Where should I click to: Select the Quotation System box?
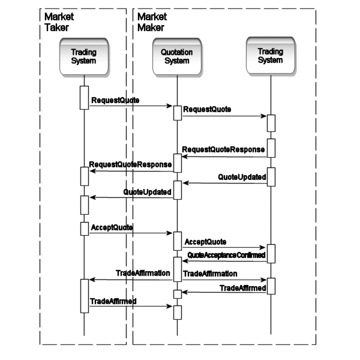(x=177, y=56)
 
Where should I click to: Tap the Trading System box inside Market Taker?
(x=84, y=56)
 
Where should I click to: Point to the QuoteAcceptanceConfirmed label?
(x=226, y=255)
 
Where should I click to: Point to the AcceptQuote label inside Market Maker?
(x=205, y=241)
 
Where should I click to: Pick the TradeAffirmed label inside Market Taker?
(x=113, y=299)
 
